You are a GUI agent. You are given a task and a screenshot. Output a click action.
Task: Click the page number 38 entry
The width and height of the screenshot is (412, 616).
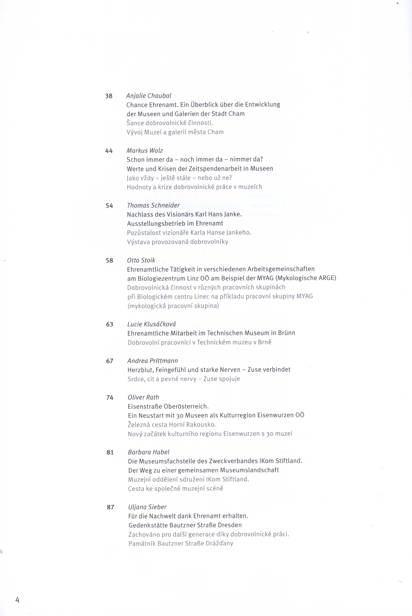(x=109, y=96)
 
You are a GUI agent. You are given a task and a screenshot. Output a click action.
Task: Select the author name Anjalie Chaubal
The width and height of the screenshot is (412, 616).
(x=149, y=96)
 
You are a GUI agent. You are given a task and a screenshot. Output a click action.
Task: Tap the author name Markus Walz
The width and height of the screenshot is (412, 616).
(x=145, y=151)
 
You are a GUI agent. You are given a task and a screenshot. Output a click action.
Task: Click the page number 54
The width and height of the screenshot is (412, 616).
(x=109, y=206)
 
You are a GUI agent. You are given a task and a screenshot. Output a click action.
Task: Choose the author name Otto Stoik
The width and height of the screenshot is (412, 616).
(x=141, y=260)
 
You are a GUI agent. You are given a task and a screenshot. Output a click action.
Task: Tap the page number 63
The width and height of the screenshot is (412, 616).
(x=110, y=324)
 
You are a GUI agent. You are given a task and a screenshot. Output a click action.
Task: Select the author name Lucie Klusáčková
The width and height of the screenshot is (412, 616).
(x=152, y=324)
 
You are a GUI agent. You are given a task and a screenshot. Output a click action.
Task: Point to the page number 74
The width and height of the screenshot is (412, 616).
(x=110, y=398)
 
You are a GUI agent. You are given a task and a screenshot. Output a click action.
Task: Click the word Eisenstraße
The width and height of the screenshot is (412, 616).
(x=145, y=406)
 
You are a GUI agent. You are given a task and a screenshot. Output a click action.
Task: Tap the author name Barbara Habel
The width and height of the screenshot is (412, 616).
(x=149, y=452)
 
